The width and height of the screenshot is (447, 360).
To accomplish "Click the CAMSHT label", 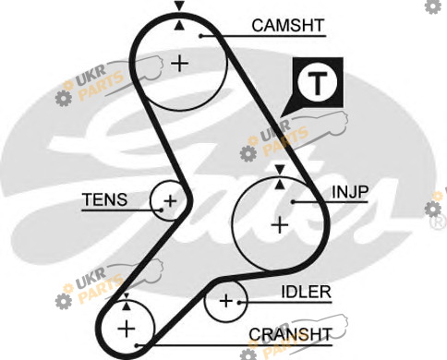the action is pyautogui.click(x=288, y=26).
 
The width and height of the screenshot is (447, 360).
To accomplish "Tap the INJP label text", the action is pyautogui.click(x=350, y=192).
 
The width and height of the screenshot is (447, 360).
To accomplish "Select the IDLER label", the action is pyautogui.click(x=307, y=292).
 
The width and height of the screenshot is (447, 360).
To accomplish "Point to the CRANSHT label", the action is pyautogui.click(x=290, y=334).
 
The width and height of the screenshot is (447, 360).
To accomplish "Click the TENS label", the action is pyautogui.click(x=105, y=199).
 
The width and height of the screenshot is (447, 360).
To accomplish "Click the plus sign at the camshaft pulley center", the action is pyautogui.click(x=180, y=64).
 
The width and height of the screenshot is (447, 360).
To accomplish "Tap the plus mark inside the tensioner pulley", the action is pyautogui.click(x=170, y=201).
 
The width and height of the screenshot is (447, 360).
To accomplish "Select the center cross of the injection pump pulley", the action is pyautogui.click(x=280, y=225).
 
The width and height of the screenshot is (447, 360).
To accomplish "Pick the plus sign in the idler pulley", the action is pyautogui.click(x=226, y=301).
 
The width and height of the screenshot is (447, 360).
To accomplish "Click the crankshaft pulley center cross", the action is pyautogui.click(x=127, y=329).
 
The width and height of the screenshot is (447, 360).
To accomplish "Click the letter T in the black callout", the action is pyautogui.click(x=318, y=83).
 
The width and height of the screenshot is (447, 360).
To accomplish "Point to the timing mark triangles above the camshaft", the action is pyautogui.click(x=179, y=16).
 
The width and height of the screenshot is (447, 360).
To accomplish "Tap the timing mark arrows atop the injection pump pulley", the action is pyautogui.click(x=280, y=176).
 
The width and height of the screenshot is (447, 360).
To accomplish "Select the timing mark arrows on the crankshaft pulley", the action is pyautogui.click(x=127, y=302).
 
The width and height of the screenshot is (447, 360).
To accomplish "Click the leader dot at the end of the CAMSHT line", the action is pyautogui.click(x=200, y=36).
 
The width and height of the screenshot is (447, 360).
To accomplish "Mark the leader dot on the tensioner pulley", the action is pyautogui.click(x=162, y=210).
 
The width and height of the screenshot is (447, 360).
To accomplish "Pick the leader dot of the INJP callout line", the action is pyautogui.click(x=294, y=202).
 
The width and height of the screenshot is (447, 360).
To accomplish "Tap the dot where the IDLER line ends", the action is pyautogui.click(x=239, y=303).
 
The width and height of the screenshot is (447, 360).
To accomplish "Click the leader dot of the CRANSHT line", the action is pyautogui.click(x=138, y=345).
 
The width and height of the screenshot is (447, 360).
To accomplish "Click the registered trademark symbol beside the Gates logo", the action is pyautogui.click(x=440, y=222).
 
